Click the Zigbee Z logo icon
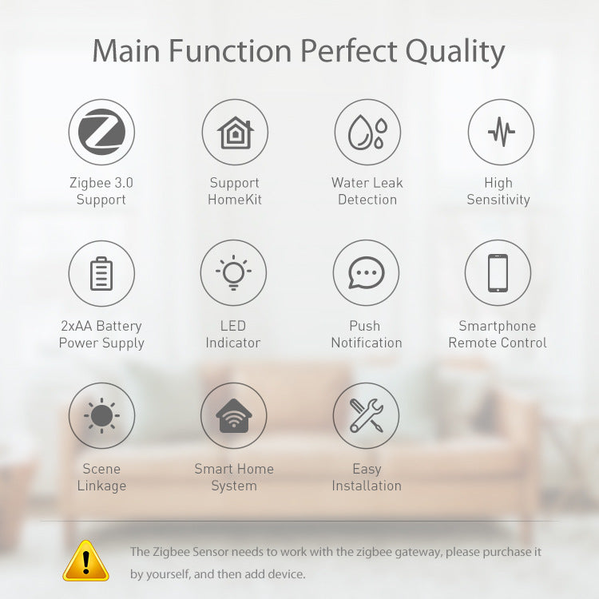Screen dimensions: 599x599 click(x=101, y=132)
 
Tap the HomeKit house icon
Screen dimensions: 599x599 click(x=234, y=132)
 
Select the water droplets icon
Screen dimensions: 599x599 click(x=367, y=132)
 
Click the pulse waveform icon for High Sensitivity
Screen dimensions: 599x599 click(x=501, y=132)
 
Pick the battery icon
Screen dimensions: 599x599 click(x=101, y=274)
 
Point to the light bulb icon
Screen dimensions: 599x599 click(x=233, y=273)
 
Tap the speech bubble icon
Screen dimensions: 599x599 click(x=367, y=274)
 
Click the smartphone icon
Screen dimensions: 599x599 click(x=498, y=273)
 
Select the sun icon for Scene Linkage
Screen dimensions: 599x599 click(x=101, y=415)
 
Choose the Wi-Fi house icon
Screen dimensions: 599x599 click(x=233, y=416)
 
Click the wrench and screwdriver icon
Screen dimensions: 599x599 click(x=367, y=415)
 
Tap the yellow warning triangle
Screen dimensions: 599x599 click(x=85, y=561)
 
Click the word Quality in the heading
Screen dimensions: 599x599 click(x=455, y=51)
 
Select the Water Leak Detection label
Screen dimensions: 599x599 click(x=367, y=191)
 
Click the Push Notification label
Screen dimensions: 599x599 click(x=367, y=334)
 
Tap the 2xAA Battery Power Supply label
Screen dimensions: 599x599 click(x=101, y=334)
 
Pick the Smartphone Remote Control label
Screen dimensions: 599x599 click(x=498, y=334)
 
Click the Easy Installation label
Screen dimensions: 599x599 click(x=367, y=477)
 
